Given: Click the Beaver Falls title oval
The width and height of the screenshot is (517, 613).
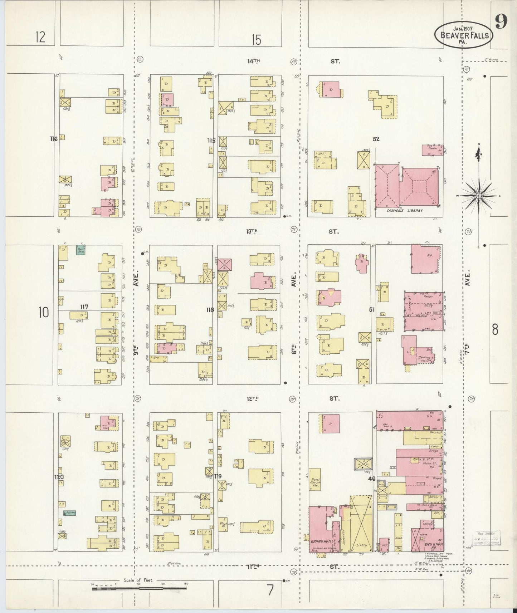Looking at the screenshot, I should [463, 35].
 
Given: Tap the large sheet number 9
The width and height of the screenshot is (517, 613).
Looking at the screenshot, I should [501, 23].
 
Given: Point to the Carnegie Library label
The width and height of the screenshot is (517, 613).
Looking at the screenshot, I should [404, 211].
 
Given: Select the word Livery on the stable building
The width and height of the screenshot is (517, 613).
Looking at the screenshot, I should [361, 545].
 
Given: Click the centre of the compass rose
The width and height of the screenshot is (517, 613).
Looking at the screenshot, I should [479, 196].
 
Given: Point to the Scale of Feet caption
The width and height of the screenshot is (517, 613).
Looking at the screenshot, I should [138, 580].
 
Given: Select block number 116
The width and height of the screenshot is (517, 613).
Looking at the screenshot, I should [54, 139].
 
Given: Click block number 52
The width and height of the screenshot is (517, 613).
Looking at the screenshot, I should [376, 139].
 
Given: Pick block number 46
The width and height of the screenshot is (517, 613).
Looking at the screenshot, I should [372, 479].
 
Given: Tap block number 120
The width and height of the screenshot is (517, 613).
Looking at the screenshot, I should [59, 477].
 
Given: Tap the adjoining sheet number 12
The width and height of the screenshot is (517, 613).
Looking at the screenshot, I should [40, 37].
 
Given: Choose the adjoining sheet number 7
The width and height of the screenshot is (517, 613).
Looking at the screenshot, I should [270, 590].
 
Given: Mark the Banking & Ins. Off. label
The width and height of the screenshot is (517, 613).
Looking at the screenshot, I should [425, 359].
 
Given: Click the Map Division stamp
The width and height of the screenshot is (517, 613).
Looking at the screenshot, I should [487, 538].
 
